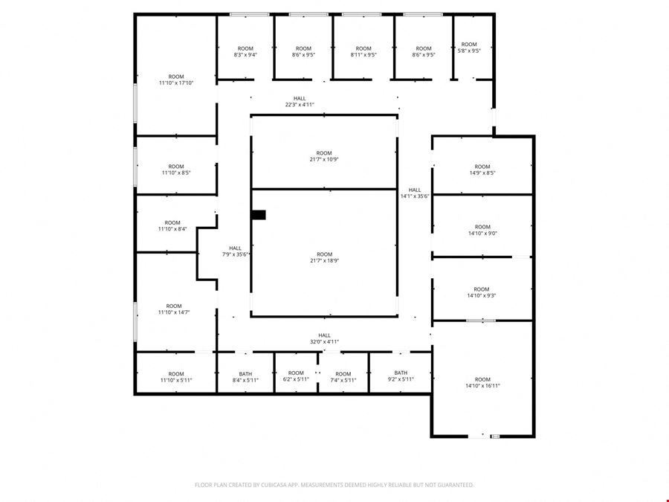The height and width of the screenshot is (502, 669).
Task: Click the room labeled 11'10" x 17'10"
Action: point(176,80)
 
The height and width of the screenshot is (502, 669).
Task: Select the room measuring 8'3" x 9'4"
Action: point(245,51)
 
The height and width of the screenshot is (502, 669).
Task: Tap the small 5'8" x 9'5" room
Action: point(469,48)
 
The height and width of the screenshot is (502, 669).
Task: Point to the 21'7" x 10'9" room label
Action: point(324,156)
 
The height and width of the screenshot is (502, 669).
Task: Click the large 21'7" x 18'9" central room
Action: point(324,257)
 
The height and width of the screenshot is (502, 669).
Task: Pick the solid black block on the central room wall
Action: point(259,215)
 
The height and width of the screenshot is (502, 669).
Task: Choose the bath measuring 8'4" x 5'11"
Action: point(245,377)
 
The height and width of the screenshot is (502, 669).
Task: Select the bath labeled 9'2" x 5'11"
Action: point(401,376)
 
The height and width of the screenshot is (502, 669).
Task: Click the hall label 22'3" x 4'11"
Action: point(300,102)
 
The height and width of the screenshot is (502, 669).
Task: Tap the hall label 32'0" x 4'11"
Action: point(324,338)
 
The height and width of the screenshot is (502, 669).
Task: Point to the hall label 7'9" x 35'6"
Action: point(235,251)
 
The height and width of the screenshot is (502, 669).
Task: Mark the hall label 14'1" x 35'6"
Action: point(415,193)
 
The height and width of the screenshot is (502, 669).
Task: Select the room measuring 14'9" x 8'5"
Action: point(482,170)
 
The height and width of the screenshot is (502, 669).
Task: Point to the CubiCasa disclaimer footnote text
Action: point(334,485)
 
